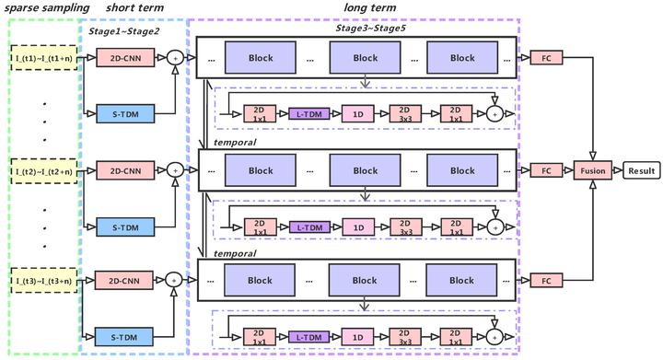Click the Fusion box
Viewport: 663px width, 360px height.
click(x=592, y=170)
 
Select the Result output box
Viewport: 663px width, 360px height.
click(x=642, y=170)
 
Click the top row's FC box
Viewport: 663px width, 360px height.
click(x=545, y=58)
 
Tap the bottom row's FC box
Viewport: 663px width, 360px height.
click(x=545, y=280)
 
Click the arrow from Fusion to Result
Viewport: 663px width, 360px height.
click(x=615, y=170)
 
